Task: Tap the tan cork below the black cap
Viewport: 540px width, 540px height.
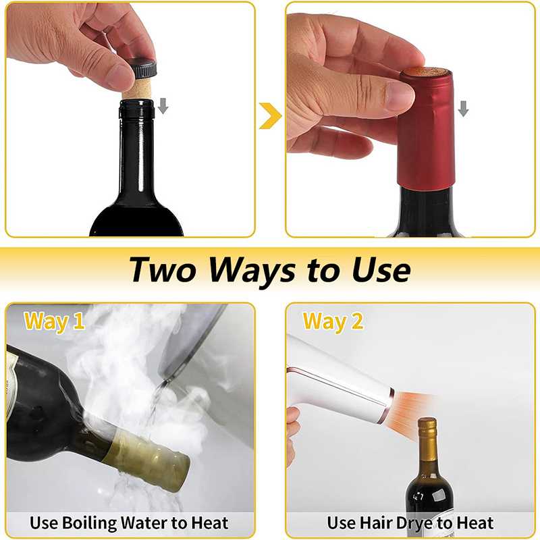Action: (x=138, y=89)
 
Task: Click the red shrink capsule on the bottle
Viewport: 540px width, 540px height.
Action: (x=426, y=129)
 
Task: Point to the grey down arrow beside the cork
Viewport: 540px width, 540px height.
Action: (x=163, y=106)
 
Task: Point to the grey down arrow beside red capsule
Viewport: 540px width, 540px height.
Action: (x=464, y=109)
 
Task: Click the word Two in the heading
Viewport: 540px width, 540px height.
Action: (x=163, y=270)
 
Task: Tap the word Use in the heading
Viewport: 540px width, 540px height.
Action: (x=381, y=270)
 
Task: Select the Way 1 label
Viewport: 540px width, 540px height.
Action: (x=55, y=322)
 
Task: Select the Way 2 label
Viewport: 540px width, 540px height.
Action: (x=333, y=322)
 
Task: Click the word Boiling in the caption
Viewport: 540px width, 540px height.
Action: (x=90, y=523)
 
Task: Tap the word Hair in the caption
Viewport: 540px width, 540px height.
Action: (x=378, y=522)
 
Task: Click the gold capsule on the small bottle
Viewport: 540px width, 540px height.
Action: (x=427, y=440)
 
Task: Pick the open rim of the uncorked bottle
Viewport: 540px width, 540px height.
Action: (x=137, y=103)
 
